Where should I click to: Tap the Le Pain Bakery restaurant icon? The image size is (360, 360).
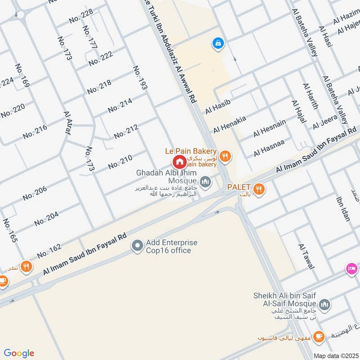(x=225, y=156)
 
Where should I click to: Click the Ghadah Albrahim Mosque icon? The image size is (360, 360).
(x=206, y=182)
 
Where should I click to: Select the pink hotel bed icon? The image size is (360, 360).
(x=352, y=269)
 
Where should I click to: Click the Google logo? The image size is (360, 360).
(x=19, y=353)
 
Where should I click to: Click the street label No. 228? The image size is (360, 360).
(x=81, y=16)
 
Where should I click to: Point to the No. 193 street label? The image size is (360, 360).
(x=140, y=77)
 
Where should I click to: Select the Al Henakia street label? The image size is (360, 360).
(x=229, y=124)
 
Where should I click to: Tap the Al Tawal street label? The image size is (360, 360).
(x=306, y=256)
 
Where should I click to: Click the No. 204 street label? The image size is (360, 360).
(x=46, y=218)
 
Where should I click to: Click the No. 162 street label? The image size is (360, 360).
(x=49, y=251)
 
